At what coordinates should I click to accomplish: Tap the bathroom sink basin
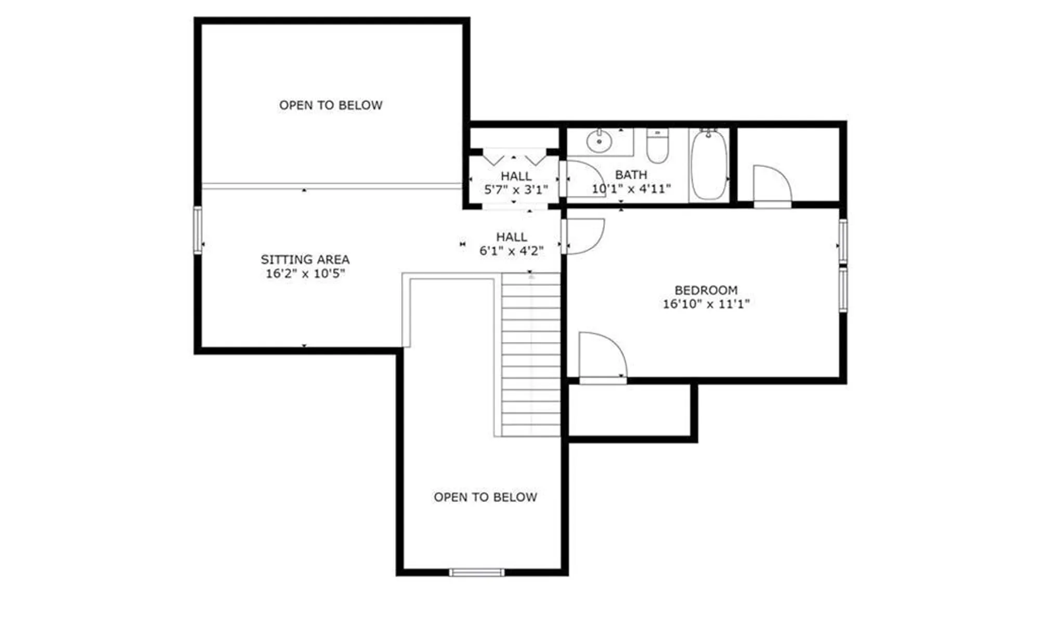[x=599, y=141]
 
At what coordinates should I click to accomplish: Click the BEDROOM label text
[x=706, y=290]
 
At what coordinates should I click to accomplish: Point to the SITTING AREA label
[x=305, y=259]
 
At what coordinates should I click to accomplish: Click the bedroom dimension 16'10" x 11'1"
[x=706, y=304]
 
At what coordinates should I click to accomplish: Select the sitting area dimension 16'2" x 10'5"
[x=305, y=274]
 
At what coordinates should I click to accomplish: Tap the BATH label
[x=631, y=175]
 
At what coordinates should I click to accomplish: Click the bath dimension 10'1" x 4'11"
[x=631, y=189]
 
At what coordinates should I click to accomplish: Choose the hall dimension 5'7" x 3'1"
[x=516, y=190]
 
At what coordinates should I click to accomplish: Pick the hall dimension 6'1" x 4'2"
[x=511, y=251]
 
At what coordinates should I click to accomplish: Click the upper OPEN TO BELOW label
[x=331, y=105]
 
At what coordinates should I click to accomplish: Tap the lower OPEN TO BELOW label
[x=485, y=497]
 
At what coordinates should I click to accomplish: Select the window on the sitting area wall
[x=198, y=230]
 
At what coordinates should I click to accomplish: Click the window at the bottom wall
[x=477, y=572]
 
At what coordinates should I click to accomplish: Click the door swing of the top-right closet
[x=771, y=184]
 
